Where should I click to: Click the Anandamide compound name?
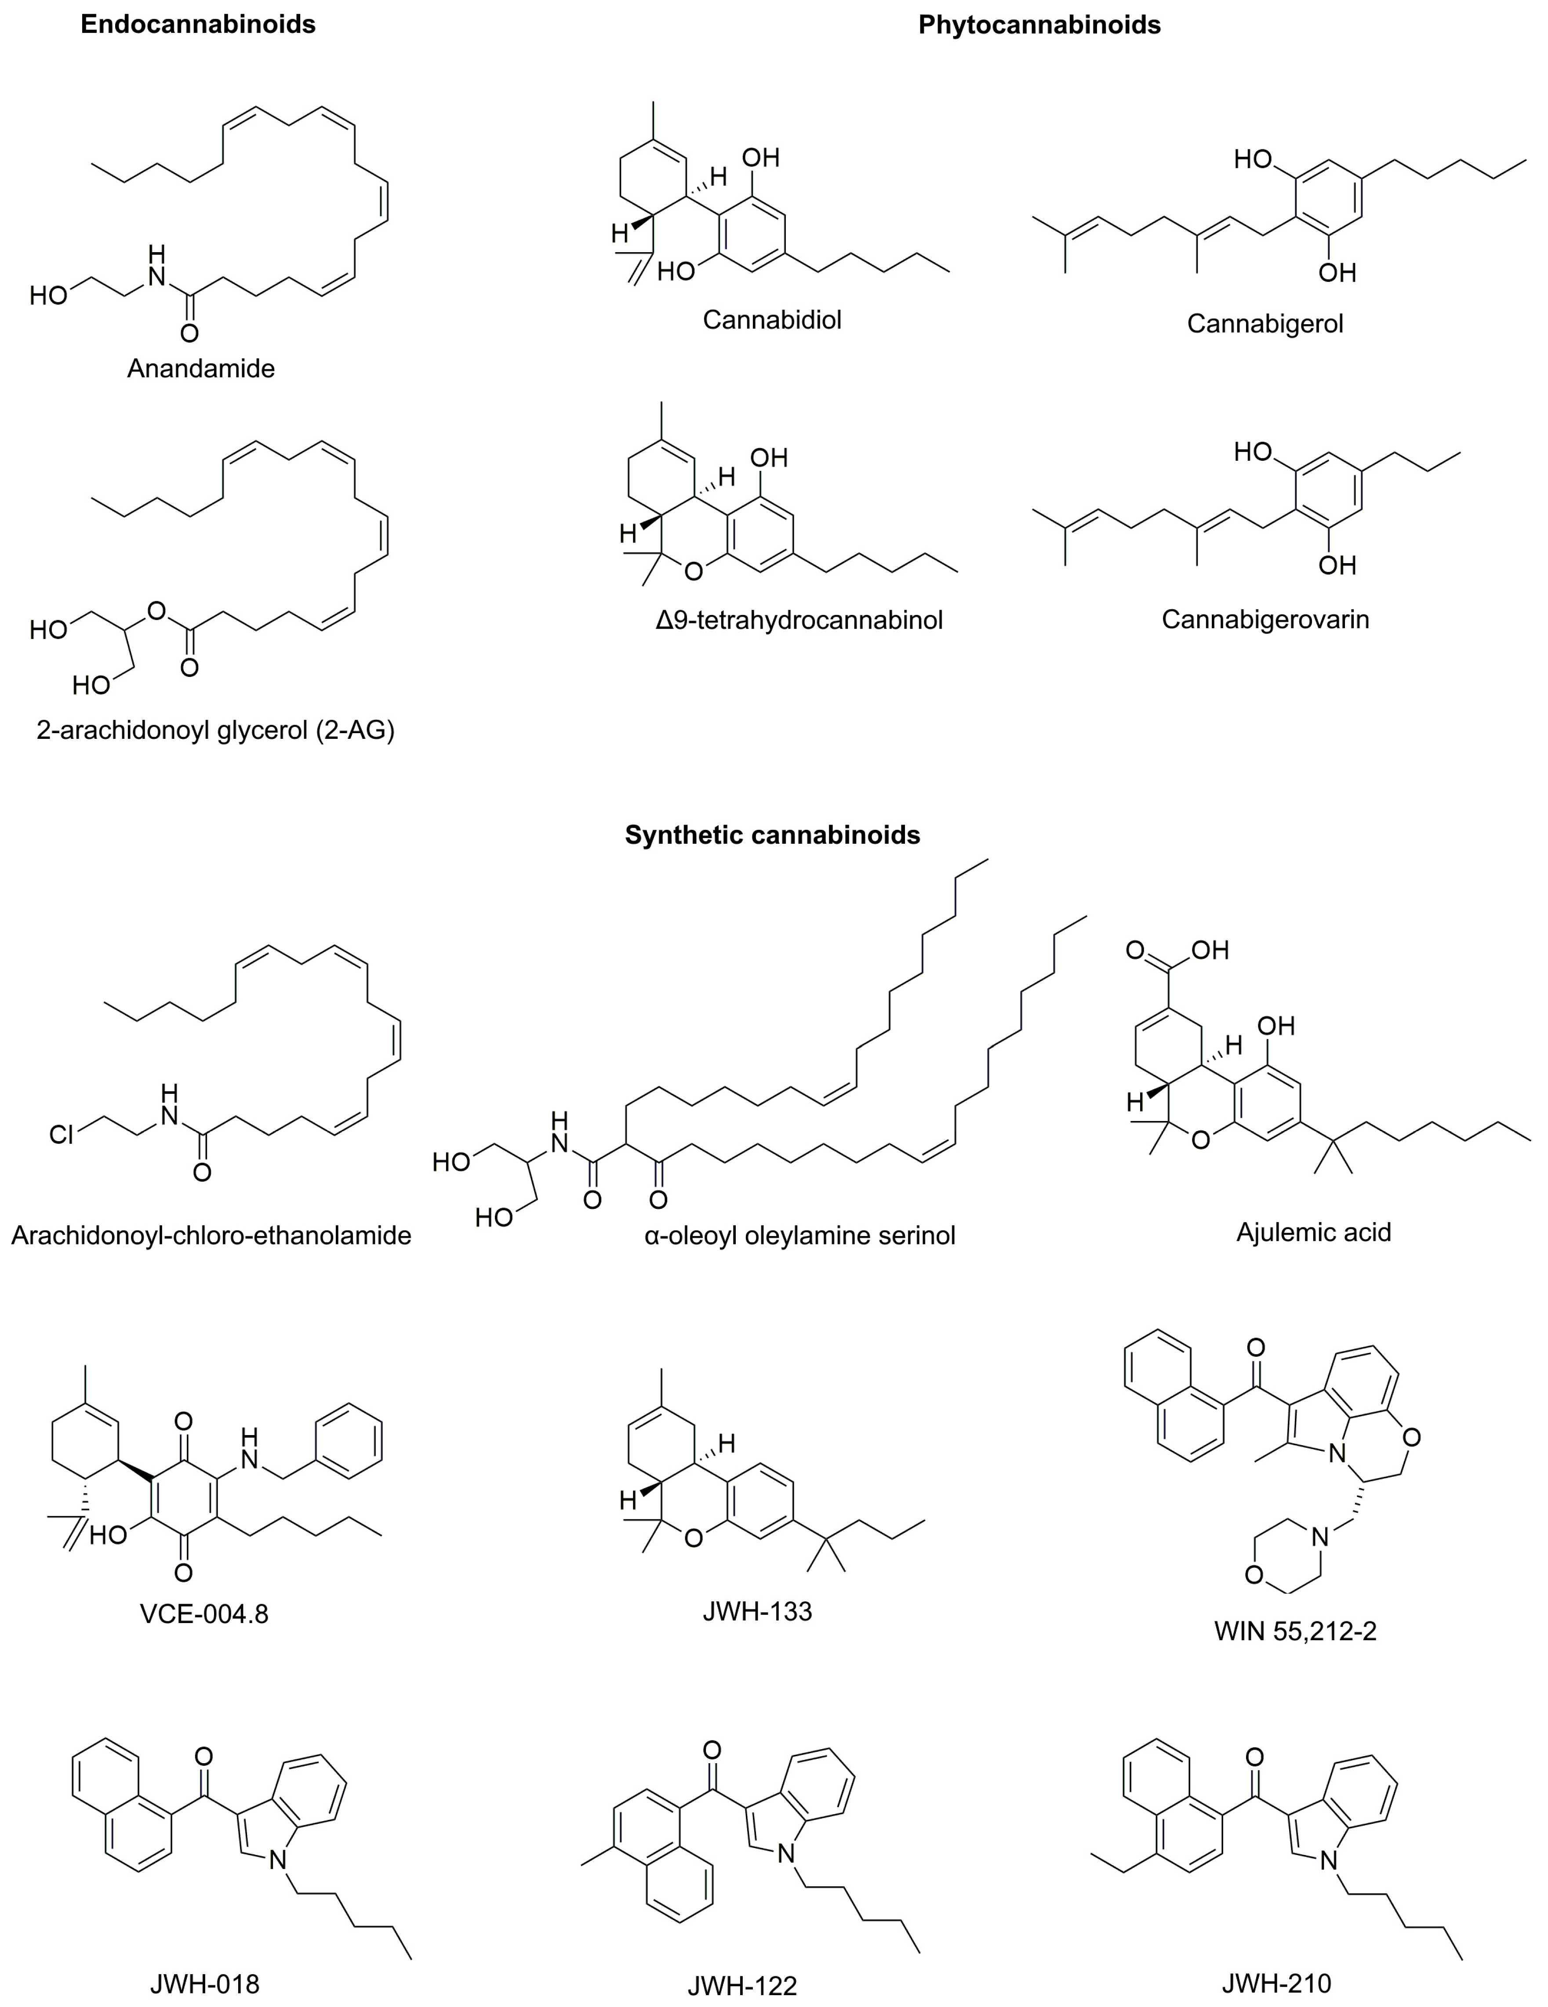[x=200, y=369]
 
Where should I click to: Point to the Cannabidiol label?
[x=772, y=320]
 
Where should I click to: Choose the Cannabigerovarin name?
[x=1265, y=619]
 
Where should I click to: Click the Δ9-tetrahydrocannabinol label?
[x=799, y=620]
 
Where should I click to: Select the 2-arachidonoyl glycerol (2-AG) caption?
[x=215, y=730]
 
